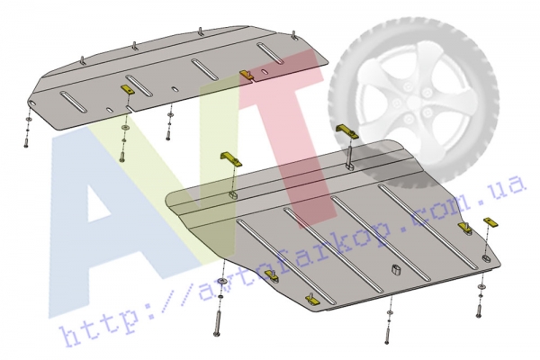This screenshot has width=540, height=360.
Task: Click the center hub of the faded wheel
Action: [x=412, y=103]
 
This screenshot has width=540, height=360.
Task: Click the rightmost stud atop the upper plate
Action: [x=294, y=36]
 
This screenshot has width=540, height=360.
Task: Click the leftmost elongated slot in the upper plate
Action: [x=74, y=102]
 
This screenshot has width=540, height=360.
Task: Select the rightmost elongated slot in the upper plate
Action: [x=270, y=53]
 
